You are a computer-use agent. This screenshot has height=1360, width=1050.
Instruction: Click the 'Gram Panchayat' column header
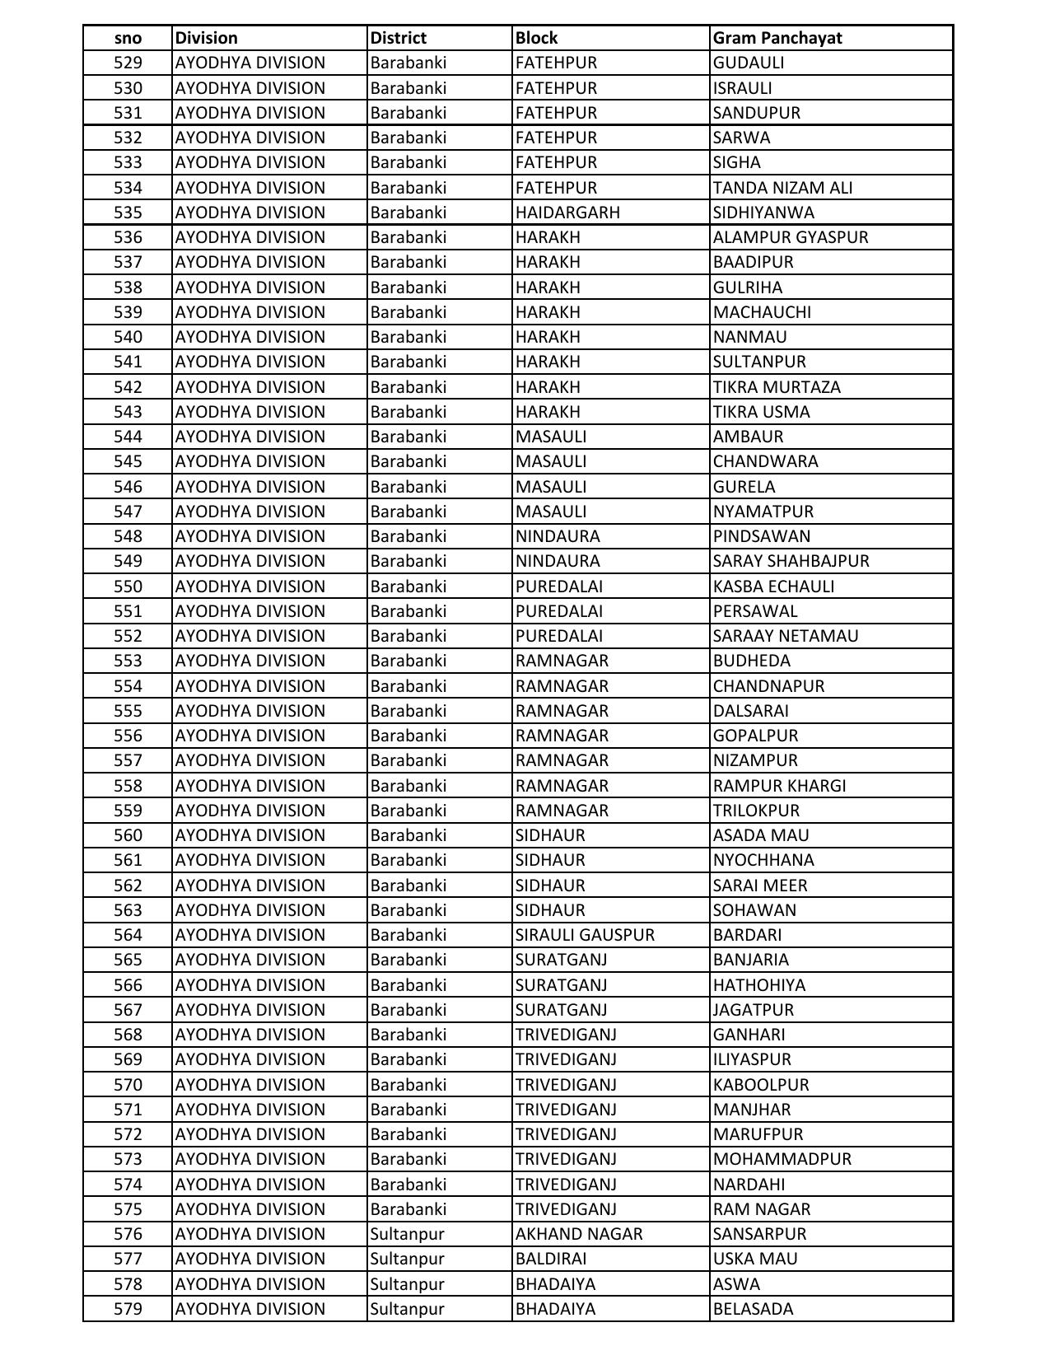(777, 38)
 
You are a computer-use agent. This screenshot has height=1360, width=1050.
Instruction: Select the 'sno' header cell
(128, 38)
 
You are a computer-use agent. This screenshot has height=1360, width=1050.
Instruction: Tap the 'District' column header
(399, 38)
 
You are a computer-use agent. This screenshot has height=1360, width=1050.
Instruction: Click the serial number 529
(128, 63)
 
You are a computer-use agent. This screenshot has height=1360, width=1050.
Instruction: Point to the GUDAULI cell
(749, 63)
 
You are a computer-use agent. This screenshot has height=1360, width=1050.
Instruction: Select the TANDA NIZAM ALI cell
(782, 188)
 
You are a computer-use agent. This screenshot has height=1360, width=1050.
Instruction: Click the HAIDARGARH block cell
(567, 213)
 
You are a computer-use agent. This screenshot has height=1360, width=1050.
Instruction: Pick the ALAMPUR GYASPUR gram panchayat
(791, 237)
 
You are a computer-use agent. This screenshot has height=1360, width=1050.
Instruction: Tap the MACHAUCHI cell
(762, 312)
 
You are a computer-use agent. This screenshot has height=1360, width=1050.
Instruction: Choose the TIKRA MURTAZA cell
(777, 387)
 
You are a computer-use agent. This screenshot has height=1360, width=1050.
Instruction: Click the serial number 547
(128, 512)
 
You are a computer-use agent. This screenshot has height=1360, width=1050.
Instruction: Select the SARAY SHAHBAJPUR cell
(791, 561)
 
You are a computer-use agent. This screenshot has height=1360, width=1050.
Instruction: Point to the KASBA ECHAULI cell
(773, 587)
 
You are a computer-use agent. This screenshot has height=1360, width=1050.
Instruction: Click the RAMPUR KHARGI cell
(779, 786)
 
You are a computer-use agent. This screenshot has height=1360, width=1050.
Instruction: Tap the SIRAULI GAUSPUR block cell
(585, 935)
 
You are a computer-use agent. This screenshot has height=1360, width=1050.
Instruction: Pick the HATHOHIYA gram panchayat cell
(759, 985)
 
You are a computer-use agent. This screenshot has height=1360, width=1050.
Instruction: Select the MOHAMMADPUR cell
(782, 1159)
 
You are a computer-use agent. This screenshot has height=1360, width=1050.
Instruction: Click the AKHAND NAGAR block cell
(579, 1234)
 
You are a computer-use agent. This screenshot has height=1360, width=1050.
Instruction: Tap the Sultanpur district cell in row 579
(407, 1309)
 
